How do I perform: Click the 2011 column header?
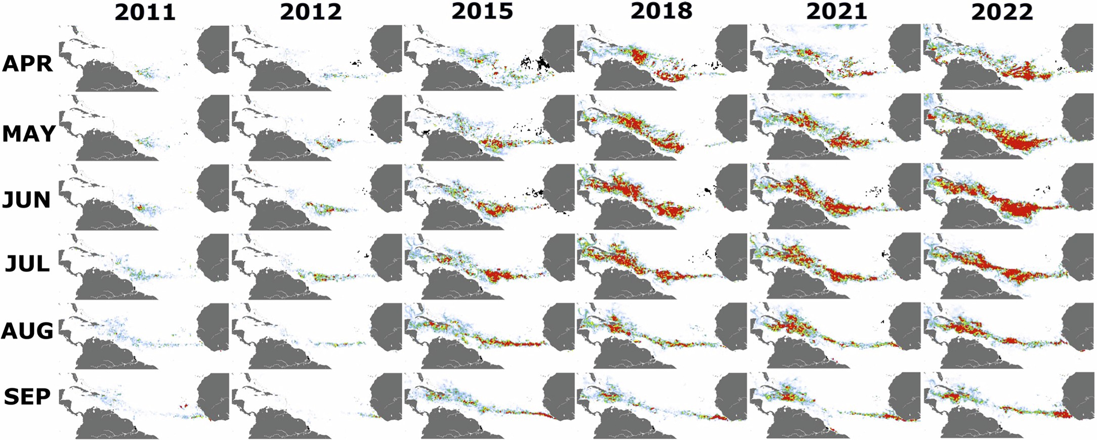pyautogui.click(x=145, y=12)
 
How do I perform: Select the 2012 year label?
pyautogui.click(x=311, y=12)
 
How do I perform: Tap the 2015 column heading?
pyautogui.click(x=482, y=11)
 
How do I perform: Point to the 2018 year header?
pyautogui.click(x=661, y=11)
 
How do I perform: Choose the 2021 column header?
pyautogui.click(x=836, y=11)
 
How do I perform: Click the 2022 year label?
pyautogui.click(x=1001, y=12)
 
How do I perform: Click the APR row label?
pyautogui.click(x=27, y=64)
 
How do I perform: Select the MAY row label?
pyautogui.click(x=28, y=134)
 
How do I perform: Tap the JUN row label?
pyautogui.click(x=26, y=200)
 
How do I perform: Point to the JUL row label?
pyautogui.click(x=27, y=264)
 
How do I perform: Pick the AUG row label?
pyautogui.click(x=27, y=331)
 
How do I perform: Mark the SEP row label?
pyautogui.click(x=27, y=397)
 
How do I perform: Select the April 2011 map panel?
pyautogui.click(x=144, y=58)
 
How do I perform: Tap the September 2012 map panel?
pyautogui.click(x=317, y=405)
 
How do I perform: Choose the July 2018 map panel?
pyautogui.click(x=661, y=266)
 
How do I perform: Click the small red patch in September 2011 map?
pyautogui.click(x=183, y=406)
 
